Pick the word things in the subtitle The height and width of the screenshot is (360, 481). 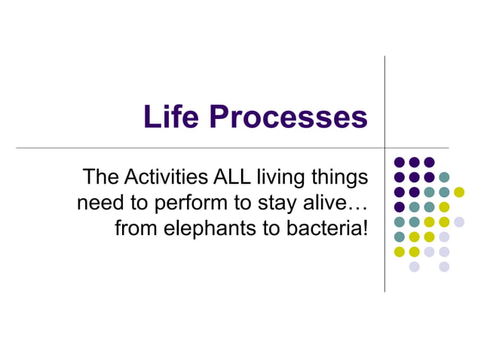tap(339, 178)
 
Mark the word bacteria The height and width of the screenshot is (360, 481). tap(323, 227)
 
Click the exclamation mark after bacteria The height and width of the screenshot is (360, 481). tap(365, 227)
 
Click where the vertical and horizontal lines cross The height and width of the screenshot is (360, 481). tap(385, 148)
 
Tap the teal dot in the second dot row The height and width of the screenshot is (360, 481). tap(444, 177)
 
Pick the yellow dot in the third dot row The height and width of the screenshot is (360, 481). tap(459, 192)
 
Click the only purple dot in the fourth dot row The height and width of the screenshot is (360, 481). tap(399, 207)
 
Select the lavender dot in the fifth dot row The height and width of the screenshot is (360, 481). tap(459, 221)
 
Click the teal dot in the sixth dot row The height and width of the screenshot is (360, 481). tap(399, 236)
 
